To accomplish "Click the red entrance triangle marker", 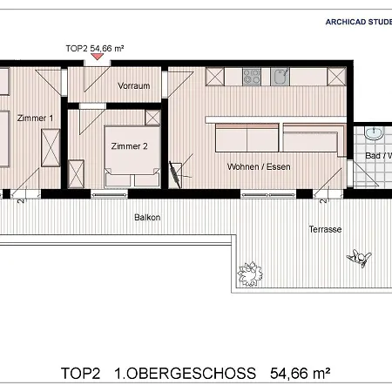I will pos(97,57).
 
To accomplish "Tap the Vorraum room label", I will pos(135,85).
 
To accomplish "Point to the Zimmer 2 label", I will pos(129,146).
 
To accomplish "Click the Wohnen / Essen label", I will pos(258,166).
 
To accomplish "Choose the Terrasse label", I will pos(323,229).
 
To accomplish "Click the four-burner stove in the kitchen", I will pos(253,77).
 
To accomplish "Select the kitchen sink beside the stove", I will pos(280,77).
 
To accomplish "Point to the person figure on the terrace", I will pos(359,257).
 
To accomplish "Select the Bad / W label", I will pos(377,155).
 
